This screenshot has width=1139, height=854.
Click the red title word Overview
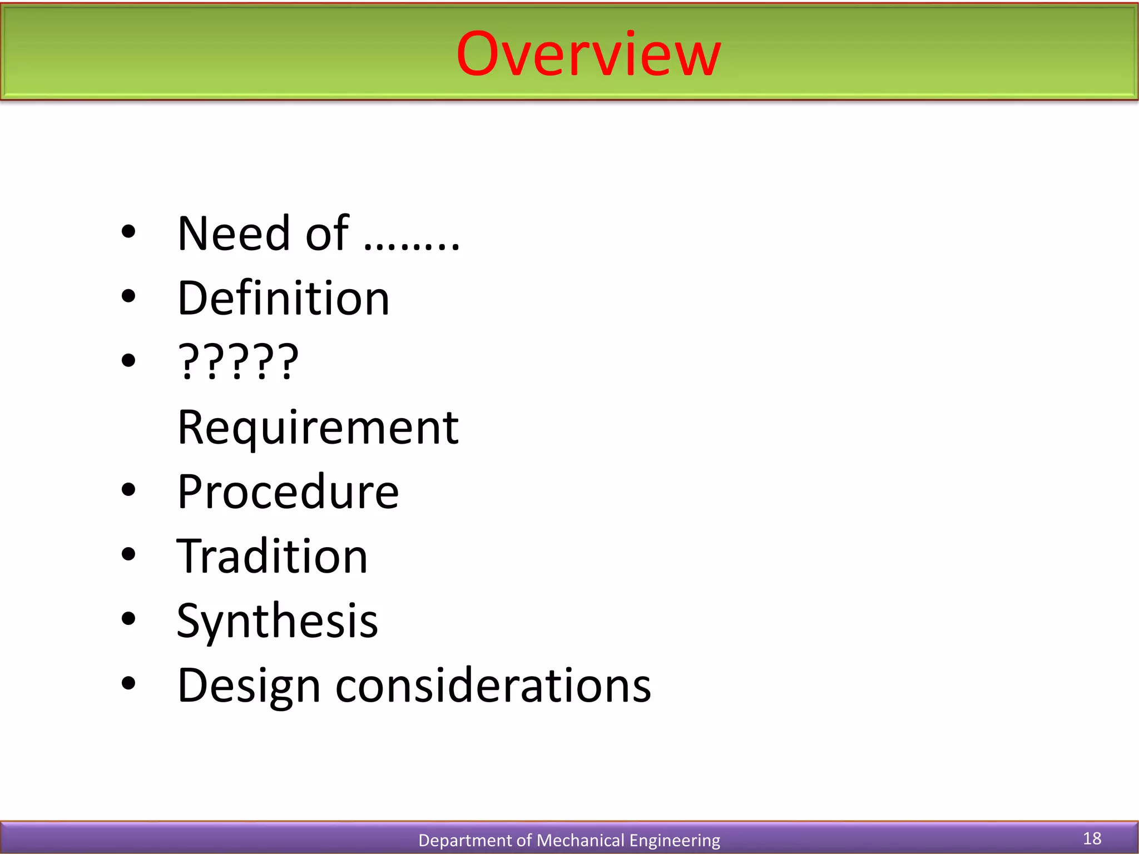[588, 54]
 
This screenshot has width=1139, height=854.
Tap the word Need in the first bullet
[234, 234]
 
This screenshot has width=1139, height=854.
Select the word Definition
[283, 299]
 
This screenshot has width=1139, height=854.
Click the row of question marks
[238, 363]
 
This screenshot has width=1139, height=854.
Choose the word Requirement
[318, 428]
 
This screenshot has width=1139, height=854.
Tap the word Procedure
[288, 492]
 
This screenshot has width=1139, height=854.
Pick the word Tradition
[272, 557]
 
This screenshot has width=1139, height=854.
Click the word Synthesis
[277, 621]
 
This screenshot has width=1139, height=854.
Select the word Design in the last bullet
[249, 687]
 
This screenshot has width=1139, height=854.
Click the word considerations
[493, 686]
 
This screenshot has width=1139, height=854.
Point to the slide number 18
[1092, 838]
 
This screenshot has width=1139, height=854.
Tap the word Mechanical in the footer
[580, 840]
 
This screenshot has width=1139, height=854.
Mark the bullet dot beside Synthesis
[128, 618]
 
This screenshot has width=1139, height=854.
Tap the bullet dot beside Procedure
[128, 490]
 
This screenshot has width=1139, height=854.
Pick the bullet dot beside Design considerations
[128, 683]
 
